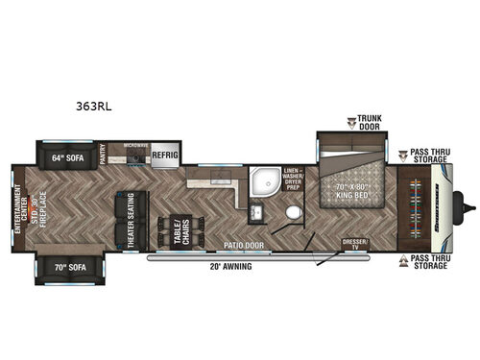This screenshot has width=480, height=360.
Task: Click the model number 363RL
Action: click(x=97, y=108)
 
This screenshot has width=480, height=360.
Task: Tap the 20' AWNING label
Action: click(x=232, y=266)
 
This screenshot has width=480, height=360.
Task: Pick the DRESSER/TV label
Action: click(x=354, y=244)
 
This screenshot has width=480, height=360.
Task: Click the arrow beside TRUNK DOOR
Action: click(x=352, y=121)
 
